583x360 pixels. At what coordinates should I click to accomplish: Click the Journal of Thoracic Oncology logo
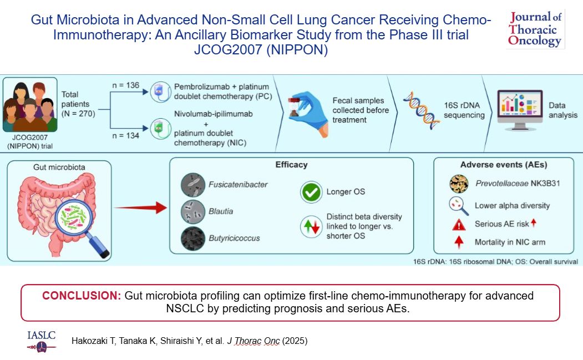535,29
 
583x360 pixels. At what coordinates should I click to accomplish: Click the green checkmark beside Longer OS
311,192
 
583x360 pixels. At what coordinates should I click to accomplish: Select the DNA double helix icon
422,110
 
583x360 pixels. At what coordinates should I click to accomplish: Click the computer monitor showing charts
520,110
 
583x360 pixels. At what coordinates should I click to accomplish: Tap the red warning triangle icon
459,225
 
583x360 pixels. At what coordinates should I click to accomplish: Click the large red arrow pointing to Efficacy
140,207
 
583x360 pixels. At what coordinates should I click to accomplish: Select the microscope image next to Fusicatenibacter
193,185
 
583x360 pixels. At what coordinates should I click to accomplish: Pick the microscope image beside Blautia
193,211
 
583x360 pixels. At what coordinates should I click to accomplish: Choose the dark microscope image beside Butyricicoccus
193,239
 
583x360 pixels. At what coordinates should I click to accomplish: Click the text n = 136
126,85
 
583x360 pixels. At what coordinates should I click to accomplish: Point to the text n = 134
126,136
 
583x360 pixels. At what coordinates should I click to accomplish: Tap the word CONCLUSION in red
82,296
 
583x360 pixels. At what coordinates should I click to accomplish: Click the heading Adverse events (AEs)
504,165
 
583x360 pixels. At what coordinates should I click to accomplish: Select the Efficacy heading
292,165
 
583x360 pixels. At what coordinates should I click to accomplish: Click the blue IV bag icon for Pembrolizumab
160,92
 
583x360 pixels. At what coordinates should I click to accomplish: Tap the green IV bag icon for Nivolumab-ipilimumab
160,129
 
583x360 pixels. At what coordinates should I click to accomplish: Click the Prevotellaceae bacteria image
459,184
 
